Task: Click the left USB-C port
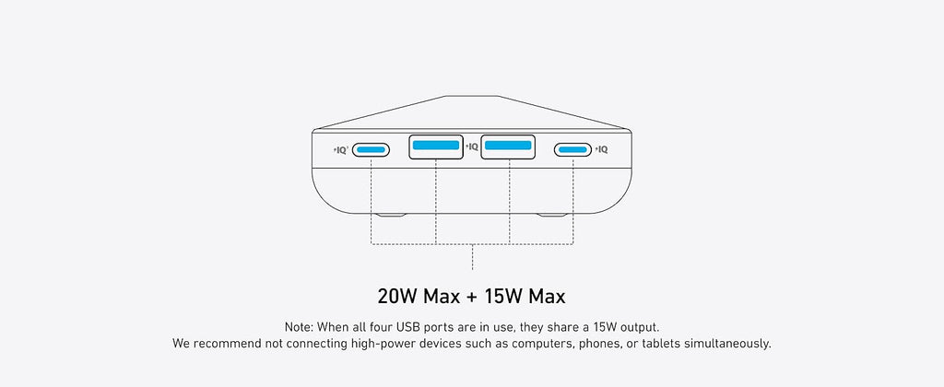[371, 149]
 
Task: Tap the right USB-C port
[573, 149]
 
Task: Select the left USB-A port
[436, 147]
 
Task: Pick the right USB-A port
[508, 147]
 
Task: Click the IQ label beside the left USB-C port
[341, 150]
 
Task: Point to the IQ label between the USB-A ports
[472, 147]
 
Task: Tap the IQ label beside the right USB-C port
[601, 150]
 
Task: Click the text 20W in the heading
[397, 297]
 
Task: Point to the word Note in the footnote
[299, 328]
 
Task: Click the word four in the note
[380, 328]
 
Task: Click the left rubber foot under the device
[391, 215]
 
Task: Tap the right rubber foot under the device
[552, 215]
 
